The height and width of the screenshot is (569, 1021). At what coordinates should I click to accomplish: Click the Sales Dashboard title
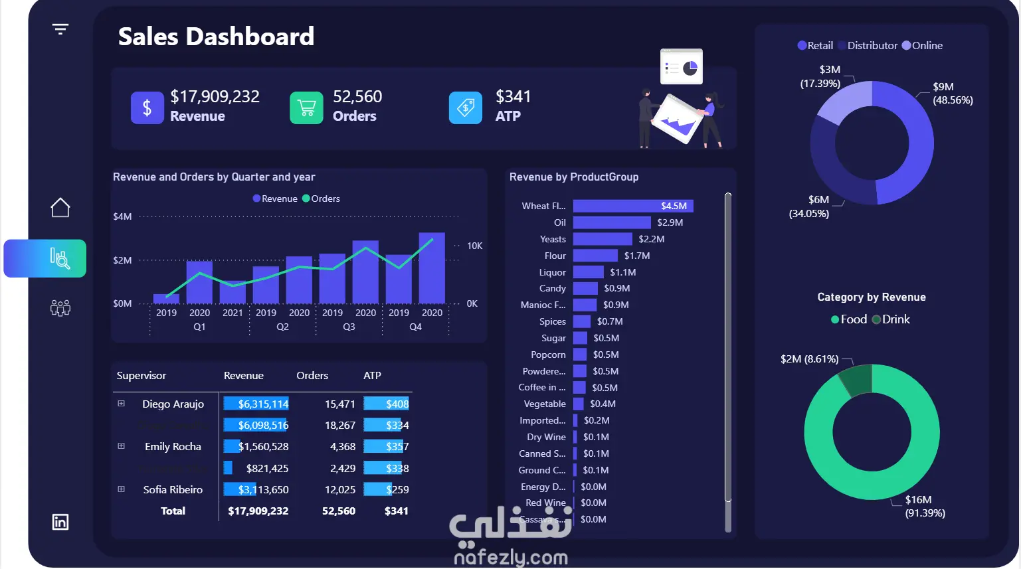[216, 37]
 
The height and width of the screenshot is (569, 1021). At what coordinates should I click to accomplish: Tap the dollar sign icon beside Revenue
[147, 108]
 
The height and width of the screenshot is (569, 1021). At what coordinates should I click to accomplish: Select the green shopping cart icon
[306, 108]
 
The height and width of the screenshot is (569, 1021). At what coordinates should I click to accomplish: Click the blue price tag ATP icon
[466, 108]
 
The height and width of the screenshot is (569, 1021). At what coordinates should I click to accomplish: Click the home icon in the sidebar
[60, 208]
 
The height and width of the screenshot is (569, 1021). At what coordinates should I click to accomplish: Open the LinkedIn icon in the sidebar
[60, 522]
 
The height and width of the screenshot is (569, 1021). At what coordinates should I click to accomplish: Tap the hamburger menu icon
[60, 29]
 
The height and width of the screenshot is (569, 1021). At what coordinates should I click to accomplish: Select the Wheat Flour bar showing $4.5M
[632, 206]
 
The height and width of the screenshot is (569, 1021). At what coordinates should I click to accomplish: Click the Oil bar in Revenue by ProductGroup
[611, 222]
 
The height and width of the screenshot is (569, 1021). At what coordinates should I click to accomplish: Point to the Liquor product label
[553, 272]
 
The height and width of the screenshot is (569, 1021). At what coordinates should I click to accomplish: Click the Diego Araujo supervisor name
[173, 404]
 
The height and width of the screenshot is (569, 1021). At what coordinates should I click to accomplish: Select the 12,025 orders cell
[340, 490]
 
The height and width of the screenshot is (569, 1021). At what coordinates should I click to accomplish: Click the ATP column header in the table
[372, 376]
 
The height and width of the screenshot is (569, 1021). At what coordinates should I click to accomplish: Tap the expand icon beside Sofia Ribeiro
[121, 489]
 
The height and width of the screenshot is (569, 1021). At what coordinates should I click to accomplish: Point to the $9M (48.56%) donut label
[953, 94]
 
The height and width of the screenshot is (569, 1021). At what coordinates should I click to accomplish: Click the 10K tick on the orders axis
[474, 246]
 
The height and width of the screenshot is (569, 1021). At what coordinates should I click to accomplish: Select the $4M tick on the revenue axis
[122, 216]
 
